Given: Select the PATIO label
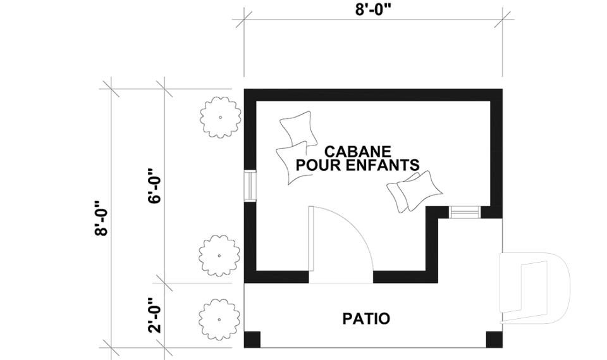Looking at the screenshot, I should pos(366,318).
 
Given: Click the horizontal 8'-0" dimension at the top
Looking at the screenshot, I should pos(374,11).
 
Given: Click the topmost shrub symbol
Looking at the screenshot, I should pos(220,117).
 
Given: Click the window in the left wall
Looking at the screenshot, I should pos(250,186).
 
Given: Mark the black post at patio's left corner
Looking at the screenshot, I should pos(252,340).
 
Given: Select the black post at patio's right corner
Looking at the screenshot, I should pos(494,340).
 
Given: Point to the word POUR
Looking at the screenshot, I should pos(316,165).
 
